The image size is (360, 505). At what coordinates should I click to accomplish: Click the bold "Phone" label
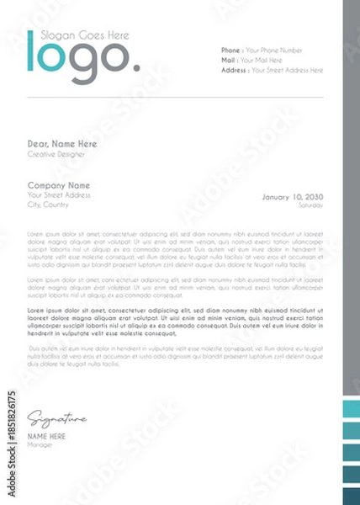(230, 50)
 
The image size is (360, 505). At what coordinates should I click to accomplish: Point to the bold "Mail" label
(228, 61)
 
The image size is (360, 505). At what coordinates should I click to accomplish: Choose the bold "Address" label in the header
(234, 71)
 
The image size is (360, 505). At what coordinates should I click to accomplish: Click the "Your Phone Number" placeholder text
(273, 50)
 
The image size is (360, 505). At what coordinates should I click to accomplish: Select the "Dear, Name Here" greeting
(62, 144)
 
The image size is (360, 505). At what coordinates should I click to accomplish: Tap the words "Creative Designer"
(56, 154)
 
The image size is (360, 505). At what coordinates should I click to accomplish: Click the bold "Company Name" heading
(59, 184)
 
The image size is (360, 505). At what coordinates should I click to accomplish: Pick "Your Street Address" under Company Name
(59, 194)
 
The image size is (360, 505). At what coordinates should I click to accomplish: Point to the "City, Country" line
(48, 205)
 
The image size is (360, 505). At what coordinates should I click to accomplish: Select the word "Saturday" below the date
(310, 205)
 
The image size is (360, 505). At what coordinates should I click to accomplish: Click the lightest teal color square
(351, 410)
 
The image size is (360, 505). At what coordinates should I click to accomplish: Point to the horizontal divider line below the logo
(177, 98)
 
